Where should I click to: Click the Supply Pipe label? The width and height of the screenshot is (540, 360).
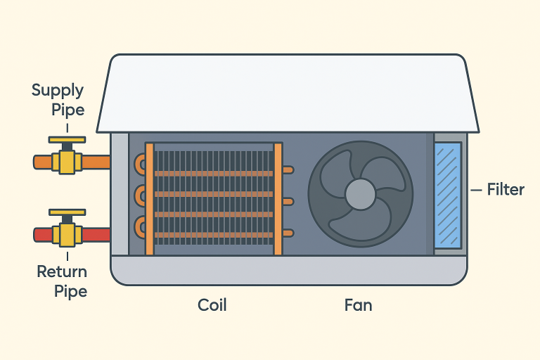tap(58, 100)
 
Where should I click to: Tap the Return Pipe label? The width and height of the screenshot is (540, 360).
tap(62, 281)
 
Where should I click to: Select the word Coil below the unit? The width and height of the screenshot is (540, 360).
tap(212, 305)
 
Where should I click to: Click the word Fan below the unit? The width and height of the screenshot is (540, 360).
tap(358, 305)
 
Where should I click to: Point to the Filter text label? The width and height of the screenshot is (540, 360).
tap(506, 189)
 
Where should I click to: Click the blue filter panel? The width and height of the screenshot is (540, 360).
tap(447, 195)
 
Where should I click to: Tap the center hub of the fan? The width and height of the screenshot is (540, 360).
tap(361, 193)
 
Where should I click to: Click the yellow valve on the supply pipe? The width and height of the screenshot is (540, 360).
tap(67, 162)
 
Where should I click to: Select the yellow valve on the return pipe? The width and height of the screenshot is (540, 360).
tap(67, 234)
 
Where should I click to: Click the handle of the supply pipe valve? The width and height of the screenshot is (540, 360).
tap(67, 140)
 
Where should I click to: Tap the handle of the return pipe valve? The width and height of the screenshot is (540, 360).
tap(67, 212)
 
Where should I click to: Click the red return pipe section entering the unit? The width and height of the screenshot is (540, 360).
tap(96, 234)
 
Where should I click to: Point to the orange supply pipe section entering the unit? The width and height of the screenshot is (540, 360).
tap(96, 162)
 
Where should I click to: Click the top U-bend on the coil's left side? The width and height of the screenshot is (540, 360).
tap(143, 166)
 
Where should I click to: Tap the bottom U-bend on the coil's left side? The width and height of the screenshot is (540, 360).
tap(143, 226)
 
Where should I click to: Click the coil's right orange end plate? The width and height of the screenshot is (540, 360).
tap(278, 198)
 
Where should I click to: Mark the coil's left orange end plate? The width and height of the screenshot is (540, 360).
tap(149, 198)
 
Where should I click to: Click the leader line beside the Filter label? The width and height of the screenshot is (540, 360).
tap(475, 189)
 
